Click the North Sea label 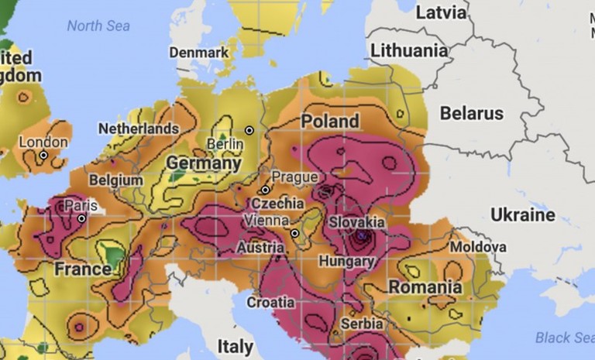(x=98, y=26)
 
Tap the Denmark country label (x=199, y=52)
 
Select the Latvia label (x=442, y=12)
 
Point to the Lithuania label (x=409, y=50)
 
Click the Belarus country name (x=471, y=114)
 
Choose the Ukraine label (x=522, y=214)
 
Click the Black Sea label (x=565, y=338)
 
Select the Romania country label (x=425, y=287)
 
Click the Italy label (x=235, y=345)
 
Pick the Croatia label (x=270, y=302)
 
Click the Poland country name (x=330, y=122)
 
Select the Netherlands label (x=138, y=128)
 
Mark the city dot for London (x=43, y=156)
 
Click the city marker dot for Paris (x=81, y=219)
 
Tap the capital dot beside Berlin (x=249, y=130)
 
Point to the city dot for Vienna (x=294, y=233)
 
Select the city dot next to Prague (x=265, y=190)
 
